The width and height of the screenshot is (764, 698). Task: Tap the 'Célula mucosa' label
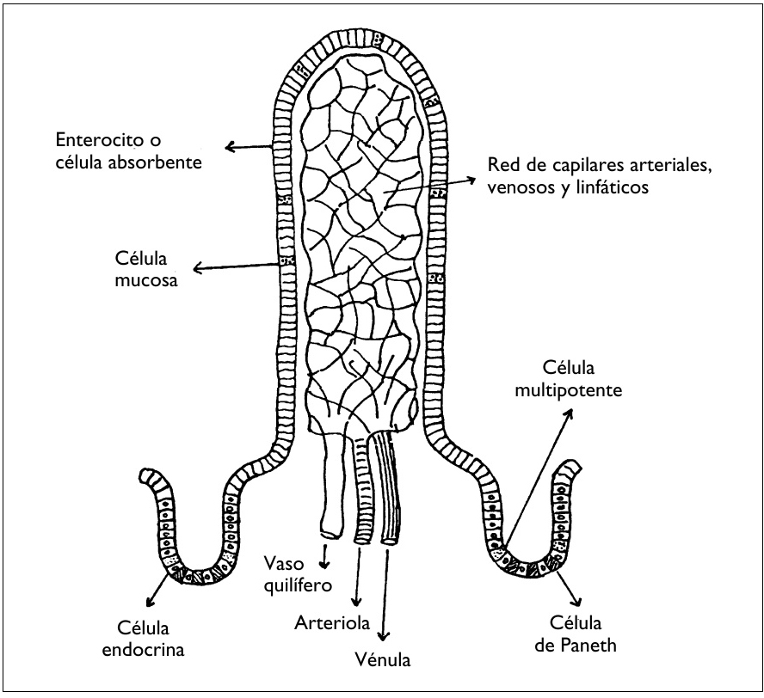click(146, 268)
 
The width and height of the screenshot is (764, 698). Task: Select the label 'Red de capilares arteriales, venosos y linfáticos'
click(599, 174)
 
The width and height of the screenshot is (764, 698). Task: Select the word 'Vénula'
click(383, 660)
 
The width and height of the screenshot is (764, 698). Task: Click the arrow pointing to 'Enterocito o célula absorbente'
click(250, 147)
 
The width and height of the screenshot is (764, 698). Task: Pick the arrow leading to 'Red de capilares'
click(430, 186)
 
